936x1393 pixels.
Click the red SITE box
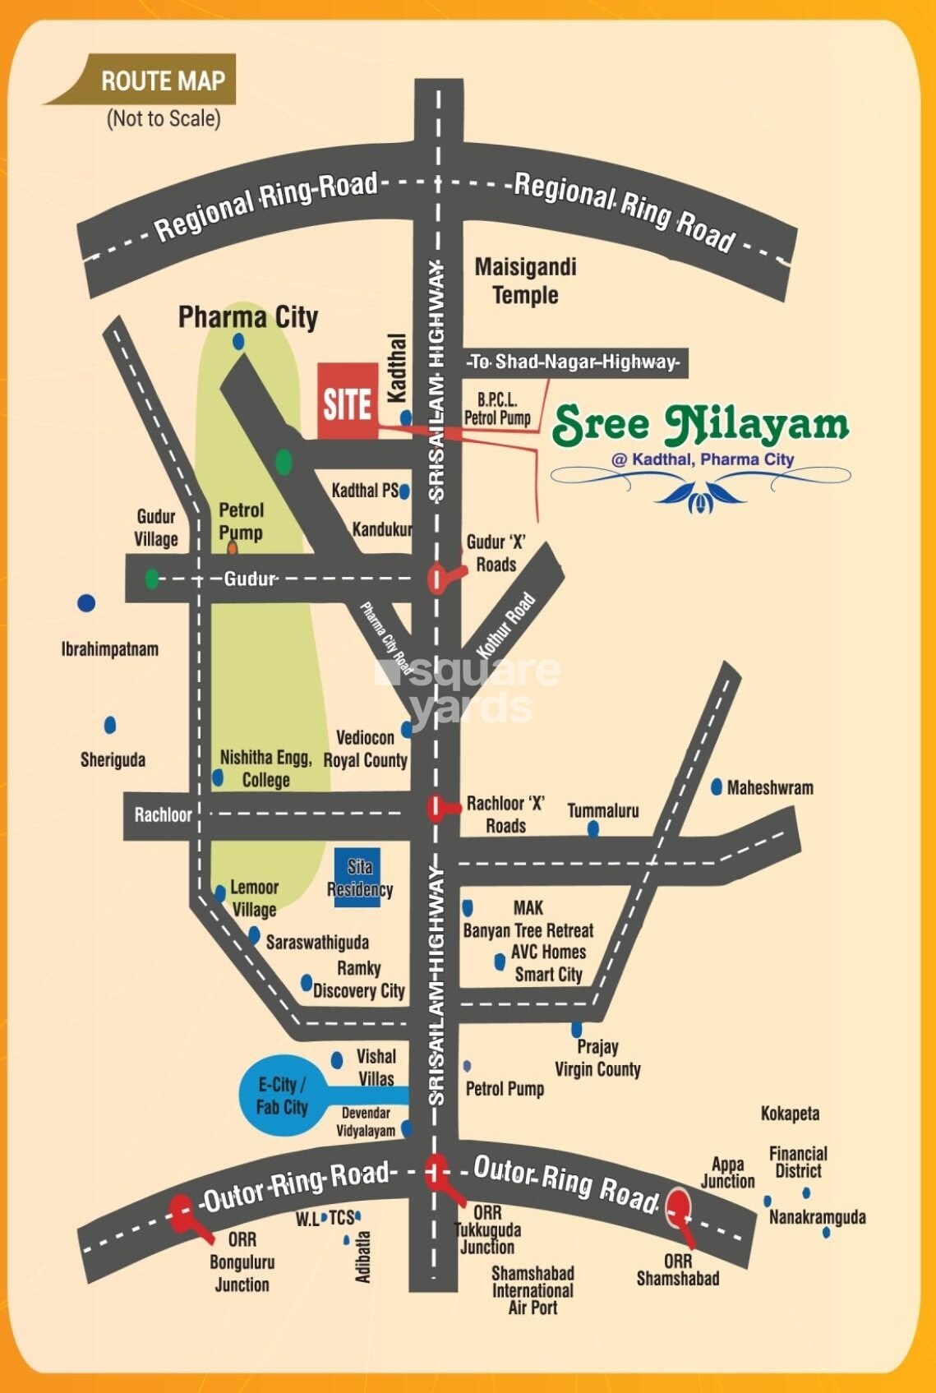347,401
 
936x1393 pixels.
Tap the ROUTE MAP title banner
162,81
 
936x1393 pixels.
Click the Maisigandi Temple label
525,281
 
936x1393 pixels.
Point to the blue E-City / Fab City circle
281,1095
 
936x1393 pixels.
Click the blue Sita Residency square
358,878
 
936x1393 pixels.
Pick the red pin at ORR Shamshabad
678,1207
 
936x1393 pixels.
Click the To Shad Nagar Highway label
574,362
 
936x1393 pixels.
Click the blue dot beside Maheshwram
717,786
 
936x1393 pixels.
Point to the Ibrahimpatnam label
110,649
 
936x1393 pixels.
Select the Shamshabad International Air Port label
533,1289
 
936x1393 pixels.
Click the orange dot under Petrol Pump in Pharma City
233,547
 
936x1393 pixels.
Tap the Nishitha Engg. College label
265,768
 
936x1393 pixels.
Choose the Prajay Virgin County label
597,1058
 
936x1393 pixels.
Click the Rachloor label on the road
163,815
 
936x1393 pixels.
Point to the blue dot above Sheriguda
110,725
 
